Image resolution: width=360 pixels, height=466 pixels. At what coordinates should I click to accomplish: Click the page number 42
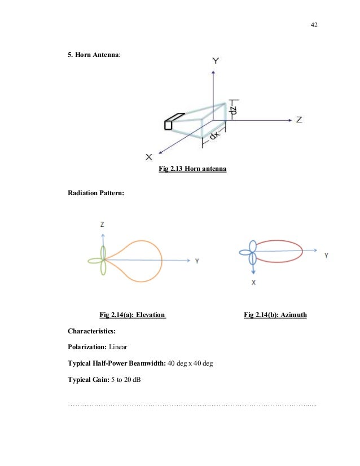[x=314, y=25]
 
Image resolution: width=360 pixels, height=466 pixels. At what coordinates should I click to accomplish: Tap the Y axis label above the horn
[x=215, y=60]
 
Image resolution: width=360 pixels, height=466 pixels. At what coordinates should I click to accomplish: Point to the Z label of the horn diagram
[x=299, y=120]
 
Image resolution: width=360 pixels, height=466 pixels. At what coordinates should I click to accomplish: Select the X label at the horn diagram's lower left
[x=149, y=156]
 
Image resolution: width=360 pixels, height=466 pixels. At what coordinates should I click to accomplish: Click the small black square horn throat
[x=168, y=125]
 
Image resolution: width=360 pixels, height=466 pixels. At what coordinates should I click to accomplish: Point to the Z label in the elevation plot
[x=102, y=225]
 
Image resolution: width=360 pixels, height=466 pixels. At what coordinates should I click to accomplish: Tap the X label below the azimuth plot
[x=253, y=284]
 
